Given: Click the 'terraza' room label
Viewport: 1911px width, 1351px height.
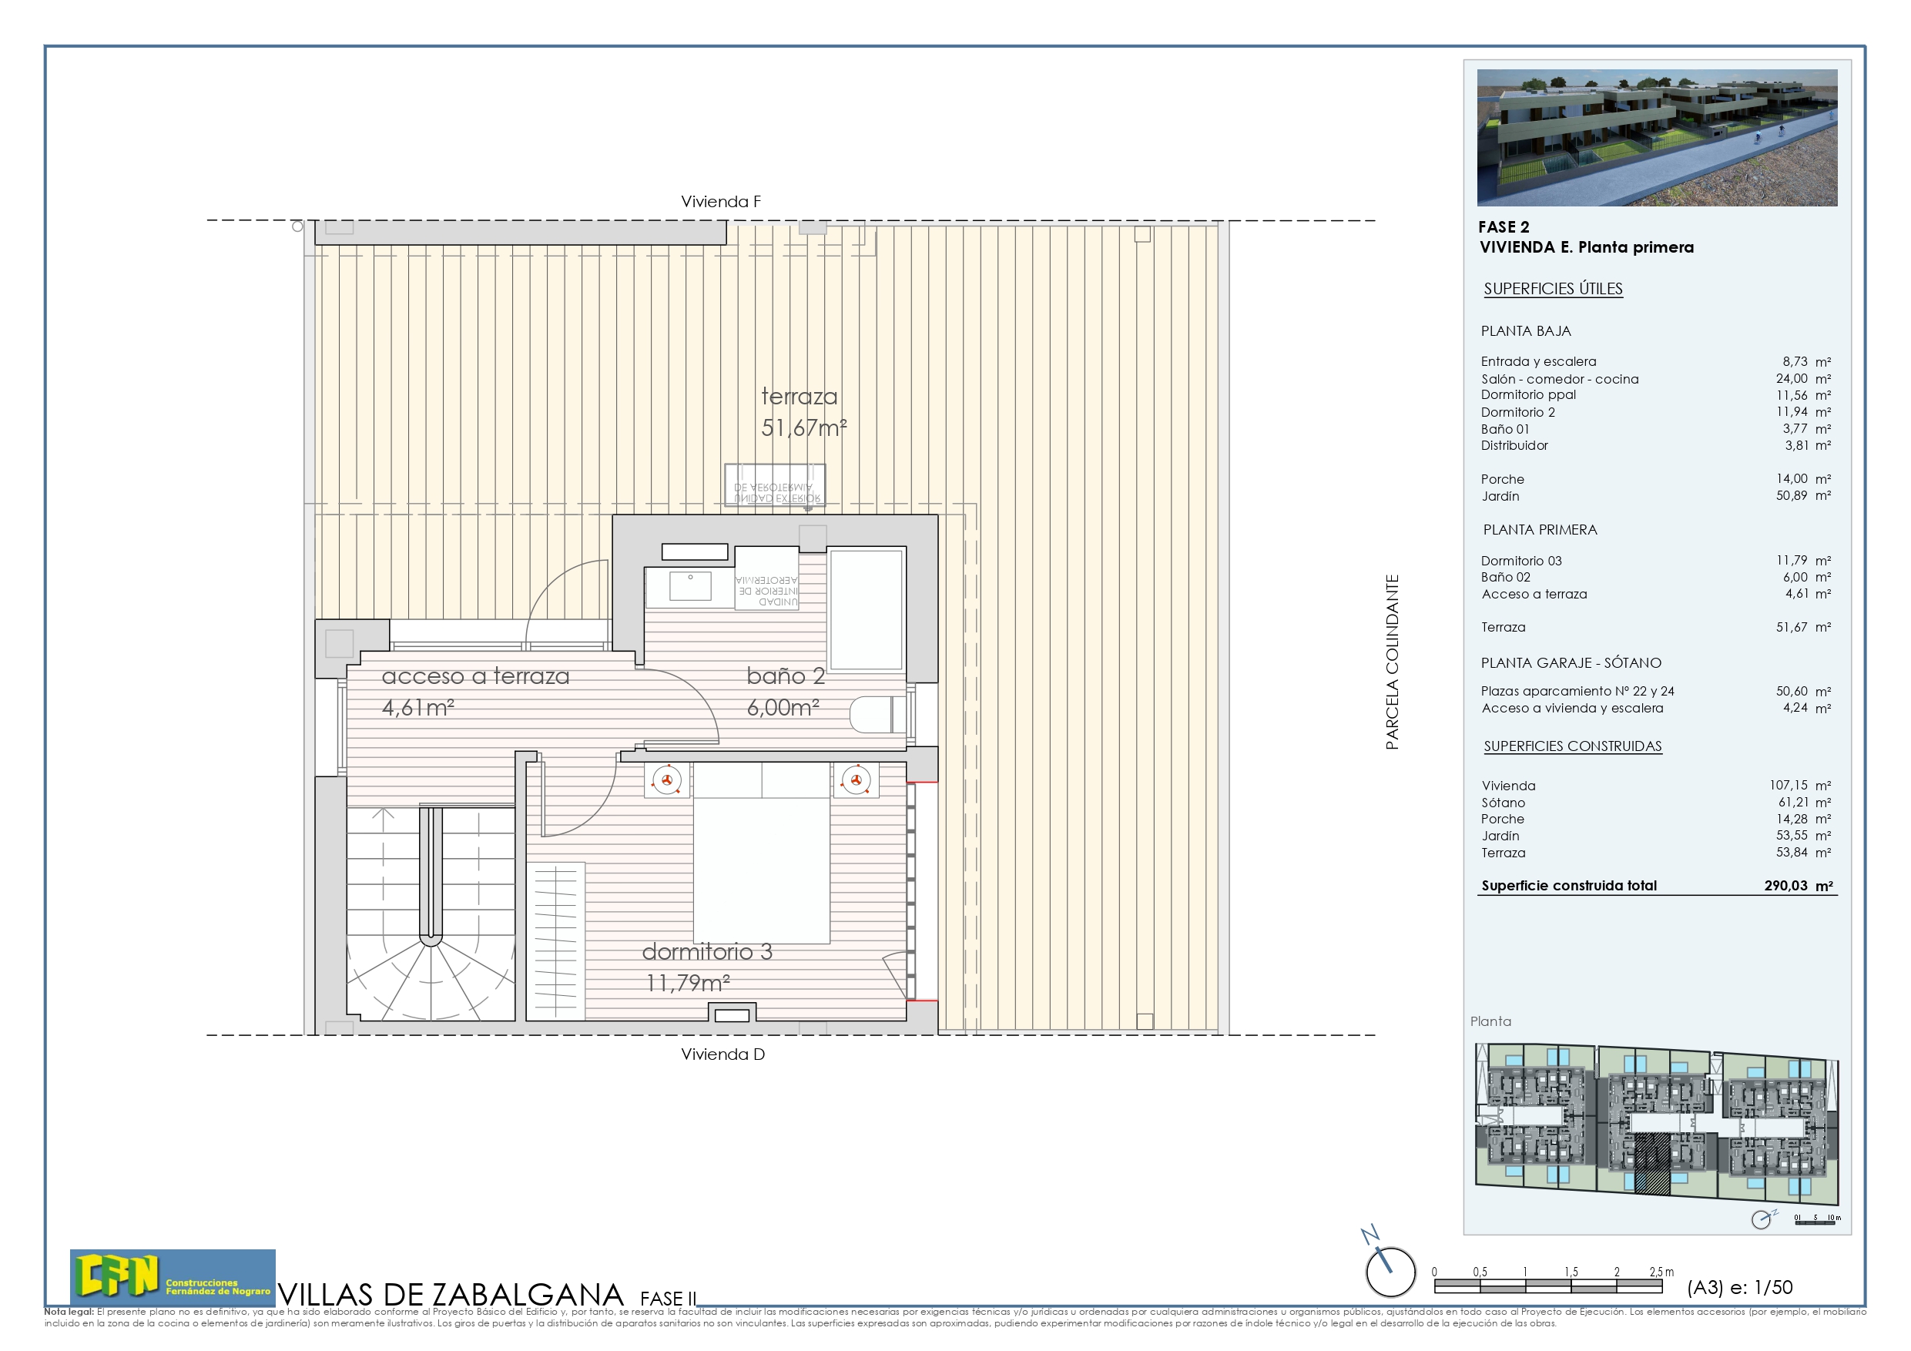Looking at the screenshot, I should click(x=798, y=397).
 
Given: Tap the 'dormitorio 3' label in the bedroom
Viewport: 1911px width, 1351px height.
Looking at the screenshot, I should click(x=706, y=951).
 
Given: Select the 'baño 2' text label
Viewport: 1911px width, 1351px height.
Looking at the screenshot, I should click(x=785, y=676).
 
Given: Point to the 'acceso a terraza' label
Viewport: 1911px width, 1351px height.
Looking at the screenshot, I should click(x=475, y=676).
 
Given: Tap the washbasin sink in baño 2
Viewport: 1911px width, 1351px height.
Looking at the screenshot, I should click(x=690, y=586).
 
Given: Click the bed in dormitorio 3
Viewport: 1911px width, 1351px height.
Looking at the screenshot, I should click(x=761, y=857).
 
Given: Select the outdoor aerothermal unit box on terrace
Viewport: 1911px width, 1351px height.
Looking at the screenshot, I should click(x=774, y=485).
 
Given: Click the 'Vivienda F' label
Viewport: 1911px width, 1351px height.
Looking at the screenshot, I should click(x=720, y=202).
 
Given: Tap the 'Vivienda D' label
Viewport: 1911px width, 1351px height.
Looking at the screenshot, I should click(x=722, y=1054).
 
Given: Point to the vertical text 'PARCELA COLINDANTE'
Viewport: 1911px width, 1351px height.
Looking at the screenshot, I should click(x=1392, y=662).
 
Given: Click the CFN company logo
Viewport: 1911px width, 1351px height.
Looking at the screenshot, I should click(x=173, y=1277).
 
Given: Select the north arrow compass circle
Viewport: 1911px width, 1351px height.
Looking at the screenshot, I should click(x=1390, y=1271).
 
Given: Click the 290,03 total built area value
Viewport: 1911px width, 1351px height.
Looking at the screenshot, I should click(x=1786, y=886).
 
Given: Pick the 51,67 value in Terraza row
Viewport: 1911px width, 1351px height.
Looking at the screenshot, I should click(x=1791, y=627).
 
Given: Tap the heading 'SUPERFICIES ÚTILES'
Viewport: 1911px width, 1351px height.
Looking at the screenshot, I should click(x=1552, y=289).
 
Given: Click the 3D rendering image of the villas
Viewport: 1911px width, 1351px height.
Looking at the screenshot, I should click(x=1656, y=137).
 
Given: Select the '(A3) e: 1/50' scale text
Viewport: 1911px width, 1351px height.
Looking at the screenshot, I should click(x=1739, y=1287).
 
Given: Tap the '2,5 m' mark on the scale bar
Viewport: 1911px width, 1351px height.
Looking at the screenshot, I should click(x=1661, y=1272).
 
